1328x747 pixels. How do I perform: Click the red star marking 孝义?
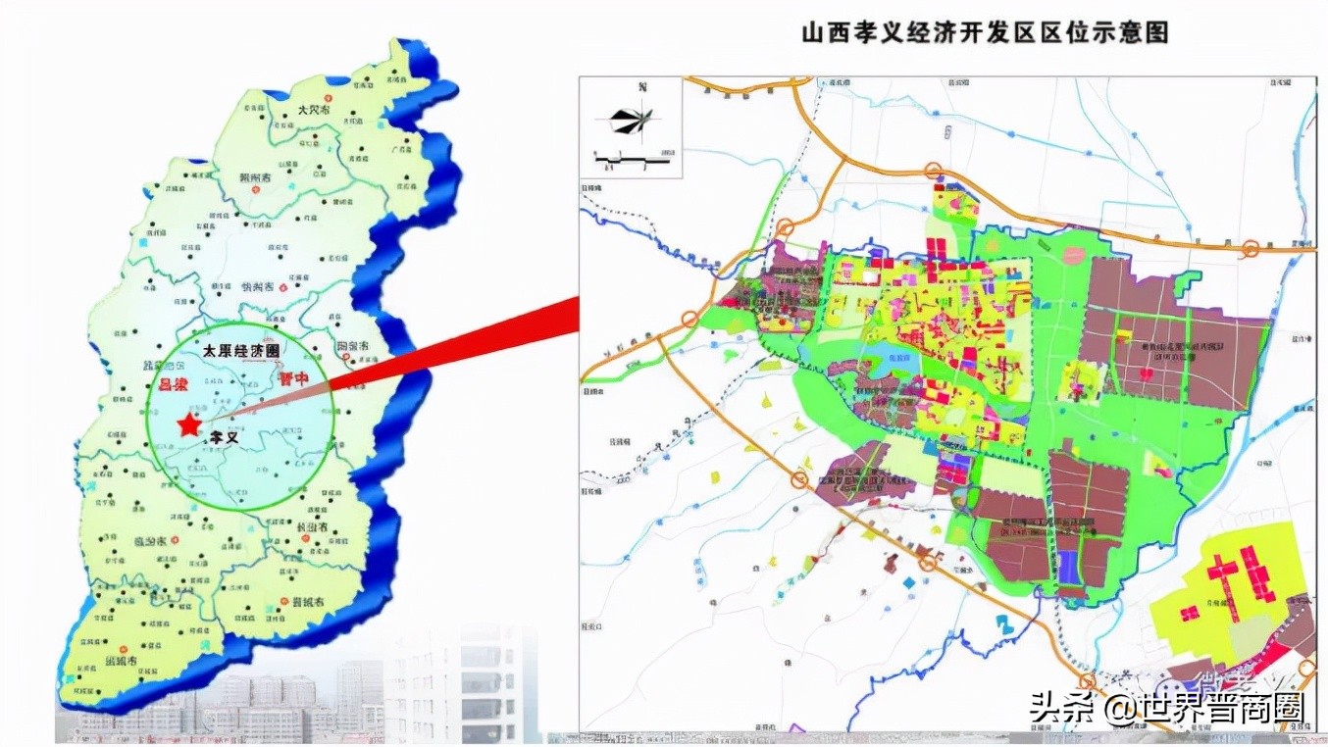pos(187,424)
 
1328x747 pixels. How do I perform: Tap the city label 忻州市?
pos(258,287)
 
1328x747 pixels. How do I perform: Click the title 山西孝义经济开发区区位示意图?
pos(985,32)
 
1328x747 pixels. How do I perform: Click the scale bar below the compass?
pos(634,157)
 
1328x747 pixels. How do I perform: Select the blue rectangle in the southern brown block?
pos(1067,567)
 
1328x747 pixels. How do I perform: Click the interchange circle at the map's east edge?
pos(1251,249)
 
